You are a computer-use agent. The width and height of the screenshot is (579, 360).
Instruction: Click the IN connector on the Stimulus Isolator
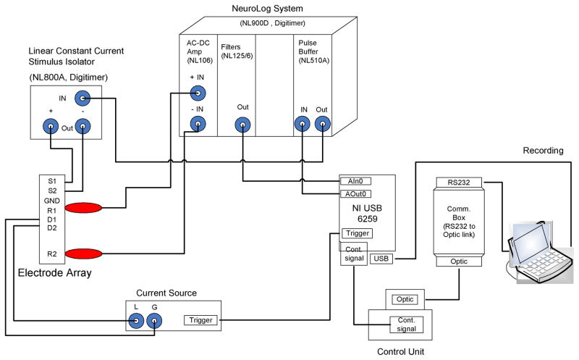click(85, 98)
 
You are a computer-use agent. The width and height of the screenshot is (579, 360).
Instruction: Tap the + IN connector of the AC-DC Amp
click(195, 93)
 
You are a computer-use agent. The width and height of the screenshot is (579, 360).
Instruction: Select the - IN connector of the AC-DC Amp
click(195, 125)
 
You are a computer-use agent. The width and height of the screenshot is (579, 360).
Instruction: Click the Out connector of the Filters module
click(242, 125)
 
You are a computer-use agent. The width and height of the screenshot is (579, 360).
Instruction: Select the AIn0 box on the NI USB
click(355, 181)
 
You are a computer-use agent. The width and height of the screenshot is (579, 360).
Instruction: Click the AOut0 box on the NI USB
click(355, 194)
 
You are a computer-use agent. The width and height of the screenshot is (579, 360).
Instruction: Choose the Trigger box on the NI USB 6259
click(356, 233)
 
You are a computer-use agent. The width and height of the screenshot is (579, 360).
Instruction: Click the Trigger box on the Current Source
click(200, 319)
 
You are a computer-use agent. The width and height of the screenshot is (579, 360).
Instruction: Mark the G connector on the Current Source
click(154, 319)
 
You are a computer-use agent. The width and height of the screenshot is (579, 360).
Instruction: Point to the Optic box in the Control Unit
click(404, 298)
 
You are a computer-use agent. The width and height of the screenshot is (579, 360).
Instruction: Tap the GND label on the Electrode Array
click(53, 201)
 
